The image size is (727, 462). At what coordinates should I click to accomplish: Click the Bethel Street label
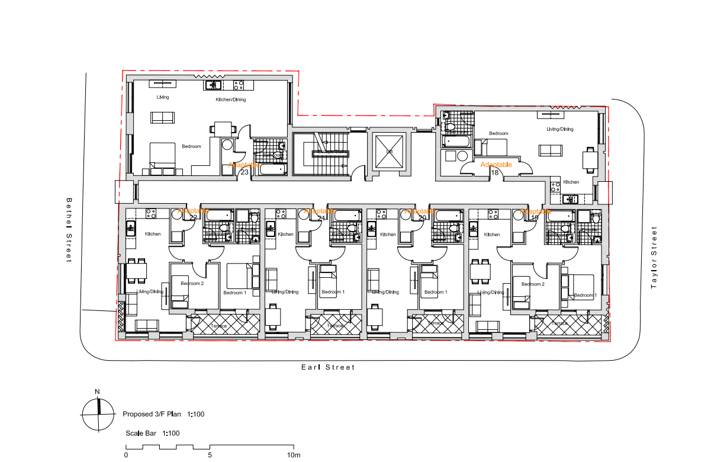[x=69, y=230]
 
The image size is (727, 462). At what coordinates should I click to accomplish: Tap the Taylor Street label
[x=654, y=258]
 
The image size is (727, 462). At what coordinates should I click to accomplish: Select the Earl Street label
[x=328, y=367]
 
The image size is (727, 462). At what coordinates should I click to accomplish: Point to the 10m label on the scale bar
[x=294, y=455]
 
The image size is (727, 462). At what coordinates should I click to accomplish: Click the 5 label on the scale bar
[x=210, y=455]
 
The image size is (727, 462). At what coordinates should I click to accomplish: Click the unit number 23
[x=244, y=172]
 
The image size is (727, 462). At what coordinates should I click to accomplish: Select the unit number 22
[x=193, y=217]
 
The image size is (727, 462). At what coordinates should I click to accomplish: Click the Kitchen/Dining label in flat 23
[x=230, y=100]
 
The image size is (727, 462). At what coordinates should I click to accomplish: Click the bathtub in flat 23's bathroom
[x=272, y=169]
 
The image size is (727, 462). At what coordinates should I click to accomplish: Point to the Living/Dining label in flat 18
[x=559, y=129]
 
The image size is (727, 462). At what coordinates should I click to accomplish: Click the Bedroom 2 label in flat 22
[x=192, y=284]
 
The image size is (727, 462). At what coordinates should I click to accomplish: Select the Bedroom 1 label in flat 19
[x=584, y=295]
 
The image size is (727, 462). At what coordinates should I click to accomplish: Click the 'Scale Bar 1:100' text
[x=152, y=434]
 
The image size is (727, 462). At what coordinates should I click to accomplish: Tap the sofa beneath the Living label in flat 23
[x=162, y=117]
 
